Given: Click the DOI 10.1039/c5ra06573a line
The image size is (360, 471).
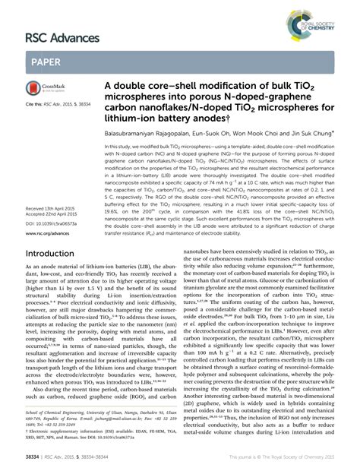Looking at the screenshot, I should (55, 223).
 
